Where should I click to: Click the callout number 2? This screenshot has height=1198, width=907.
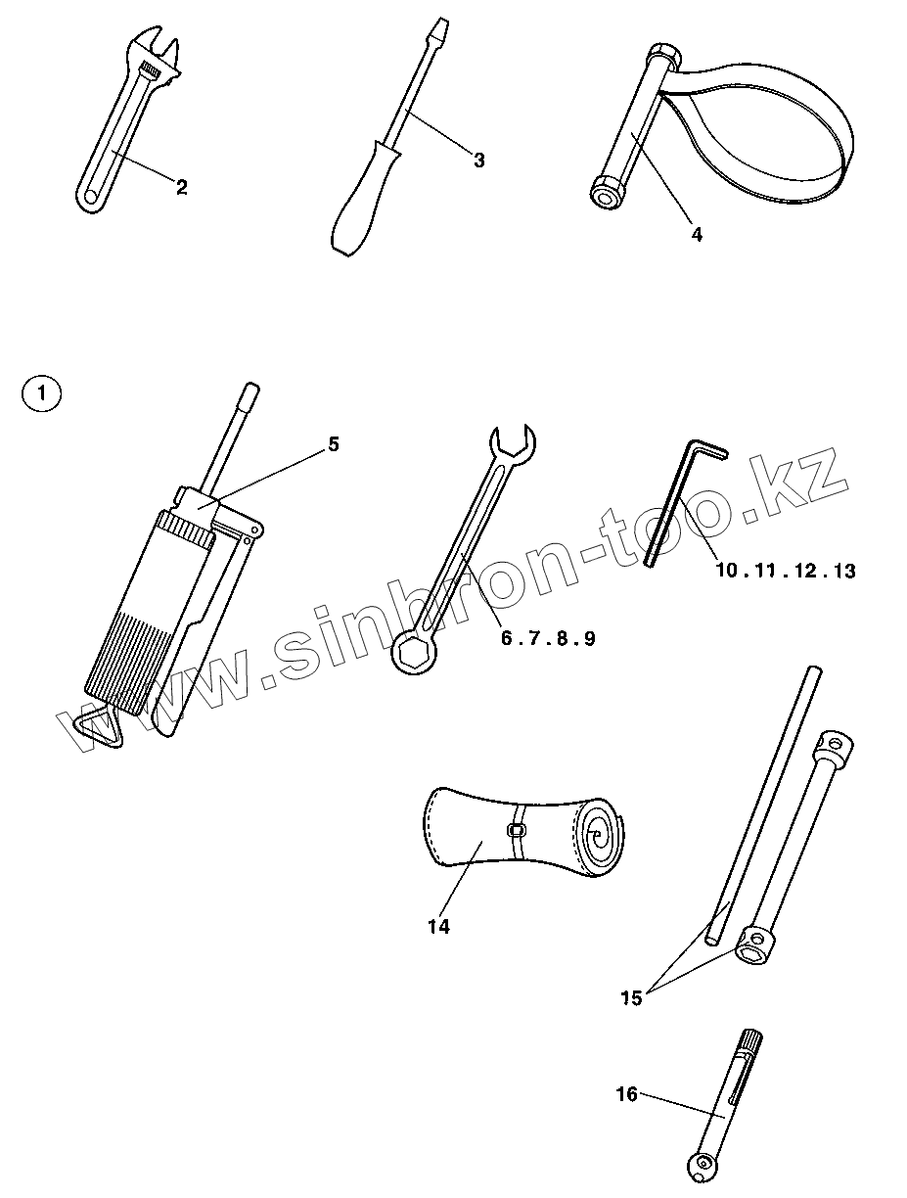(181, 187)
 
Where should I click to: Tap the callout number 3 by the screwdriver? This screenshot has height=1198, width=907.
(478, 161)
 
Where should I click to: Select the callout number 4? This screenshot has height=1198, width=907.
(696, 234)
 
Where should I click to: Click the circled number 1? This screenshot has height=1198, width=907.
(40, 394)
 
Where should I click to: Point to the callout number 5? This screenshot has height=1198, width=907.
(333, 444)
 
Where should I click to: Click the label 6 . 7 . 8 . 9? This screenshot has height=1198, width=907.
(548, 638)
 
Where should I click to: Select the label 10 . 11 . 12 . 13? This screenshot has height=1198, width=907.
(785, 571)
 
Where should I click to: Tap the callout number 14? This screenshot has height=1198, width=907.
(438, 926)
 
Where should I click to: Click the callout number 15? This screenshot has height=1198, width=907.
(631, 997)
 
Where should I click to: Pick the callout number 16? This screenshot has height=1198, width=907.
(626, 1093)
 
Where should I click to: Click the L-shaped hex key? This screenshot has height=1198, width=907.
(674, 499)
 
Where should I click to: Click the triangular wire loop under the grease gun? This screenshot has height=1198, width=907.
(98, 726)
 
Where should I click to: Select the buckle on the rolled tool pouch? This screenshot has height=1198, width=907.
(517, 831)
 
